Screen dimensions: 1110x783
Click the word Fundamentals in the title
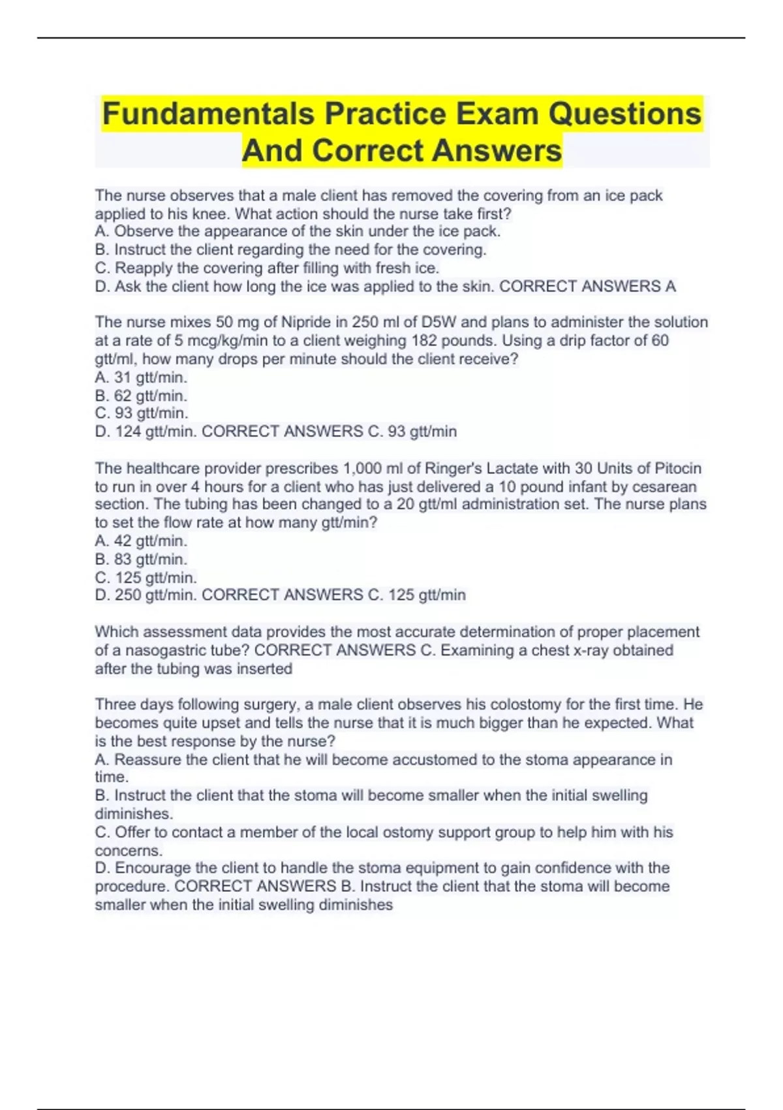click(x=209, y=114)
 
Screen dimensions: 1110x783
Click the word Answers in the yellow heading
click(x=497, y=150)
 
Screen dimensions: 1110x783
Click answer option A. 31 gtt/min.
click(x=141, y=377)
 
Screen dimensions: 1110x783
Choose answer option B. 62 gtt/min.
click(x=141, y=395)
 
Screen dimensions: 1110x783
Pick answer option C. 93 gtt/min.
click(x=142, y=413)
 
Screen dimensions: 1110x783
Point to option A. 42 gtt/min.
click(x=141, y=541)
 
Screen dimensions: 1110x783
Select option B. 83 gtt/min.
click(x=141, y=559)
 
